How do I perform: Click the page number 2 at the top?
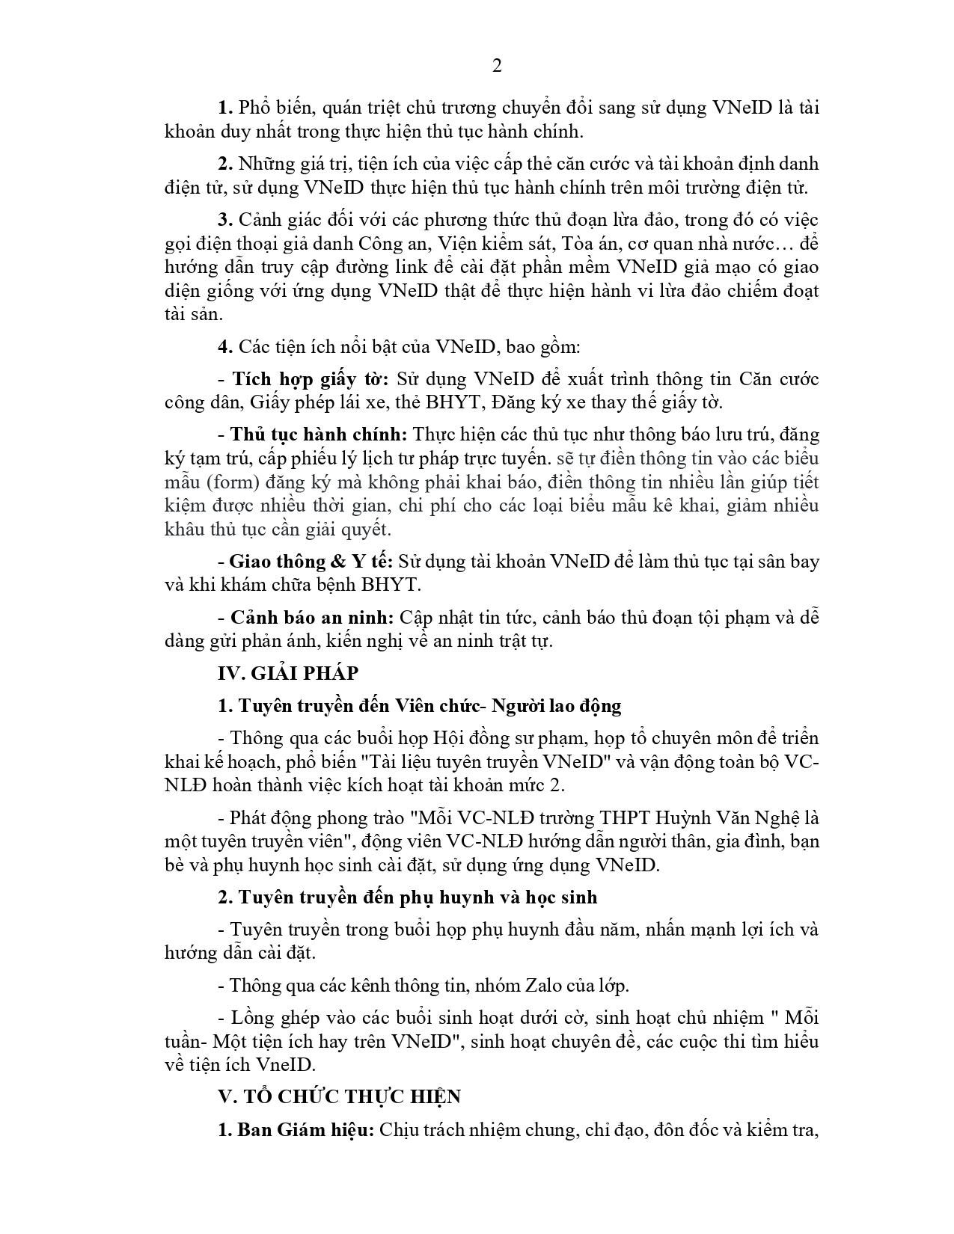click(x=496, y=66)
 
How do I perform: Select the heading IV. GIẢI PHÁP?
click(x=288, y=673)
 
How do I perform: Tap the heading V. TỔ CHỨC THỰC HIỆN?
click(x=340, y=1096)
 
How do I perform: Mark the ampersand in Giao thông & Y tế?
click(x=337, y=562)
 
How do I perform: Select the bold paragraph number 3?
click(x=225, y=220)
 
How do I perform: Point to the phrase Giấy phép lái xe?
click(x=311, y=402)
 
